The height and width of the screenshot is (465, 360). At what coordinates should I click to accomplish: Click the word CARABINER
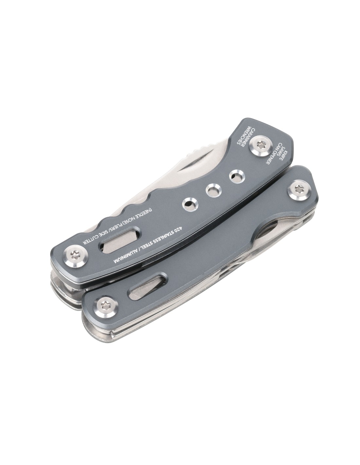coord(243,138)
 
